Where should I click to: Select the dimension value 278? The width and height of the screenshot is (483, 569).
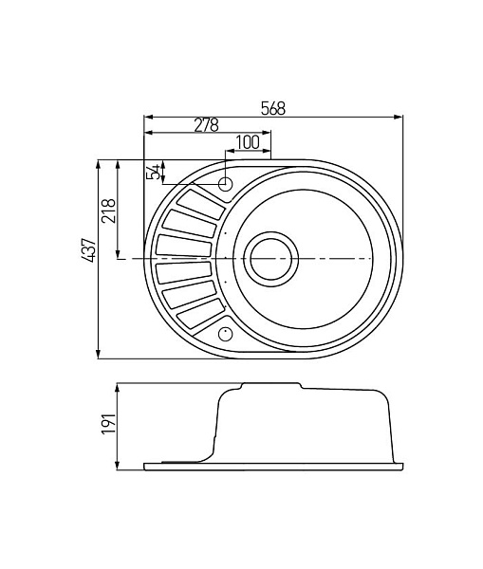[206, 125]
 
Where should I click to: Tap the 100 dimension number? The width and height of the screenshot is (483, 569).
[248, 141]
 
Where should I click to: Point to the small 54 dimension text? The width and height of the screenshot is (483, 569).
[153, 172]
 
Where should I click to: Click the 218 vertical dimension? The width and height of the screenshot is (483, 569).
[108, 209]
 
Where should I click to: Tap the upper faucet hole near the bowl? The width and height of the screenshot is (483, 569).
[226, 184]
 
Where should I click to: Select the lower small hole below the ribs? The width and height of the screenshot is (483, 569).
[226, 333]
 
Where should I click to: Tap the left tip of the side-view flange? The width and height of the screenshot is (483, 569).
[144, 466]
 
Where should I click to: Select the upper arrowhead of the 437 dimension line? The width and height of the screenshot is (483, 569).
[99, 162]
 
